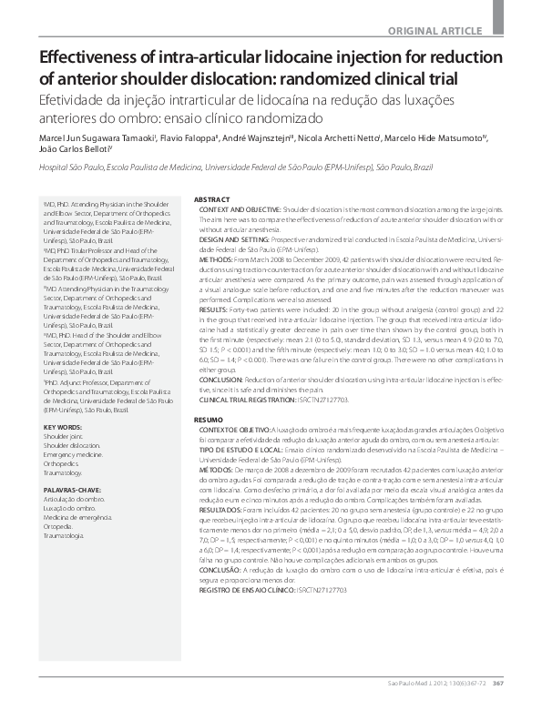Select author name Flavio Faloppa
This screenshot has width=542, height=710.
pos(186,139)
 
